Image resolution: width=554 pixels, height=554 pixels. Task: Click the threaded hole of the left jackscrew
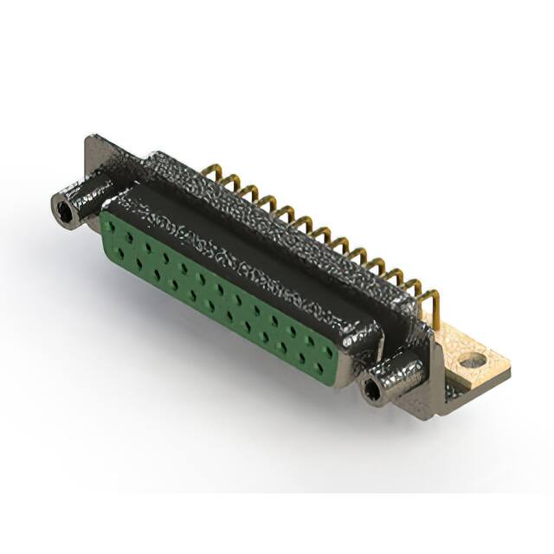tap(62, 209)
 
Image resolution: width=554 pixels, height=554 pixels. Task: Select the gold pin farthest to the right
tap(432, 304)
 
